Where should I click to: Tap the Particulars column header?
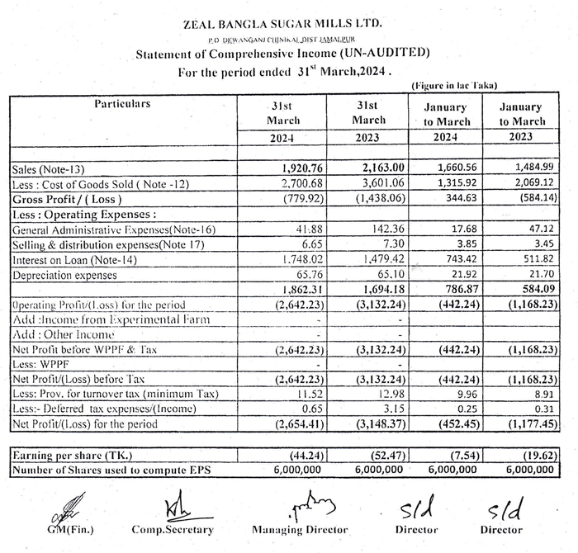point(121,104)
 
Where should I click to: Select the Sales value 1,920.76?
point(296,169)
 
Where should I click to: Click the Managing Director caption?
point(300,529)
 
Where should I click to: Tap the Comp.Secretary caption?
point(173,529)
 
